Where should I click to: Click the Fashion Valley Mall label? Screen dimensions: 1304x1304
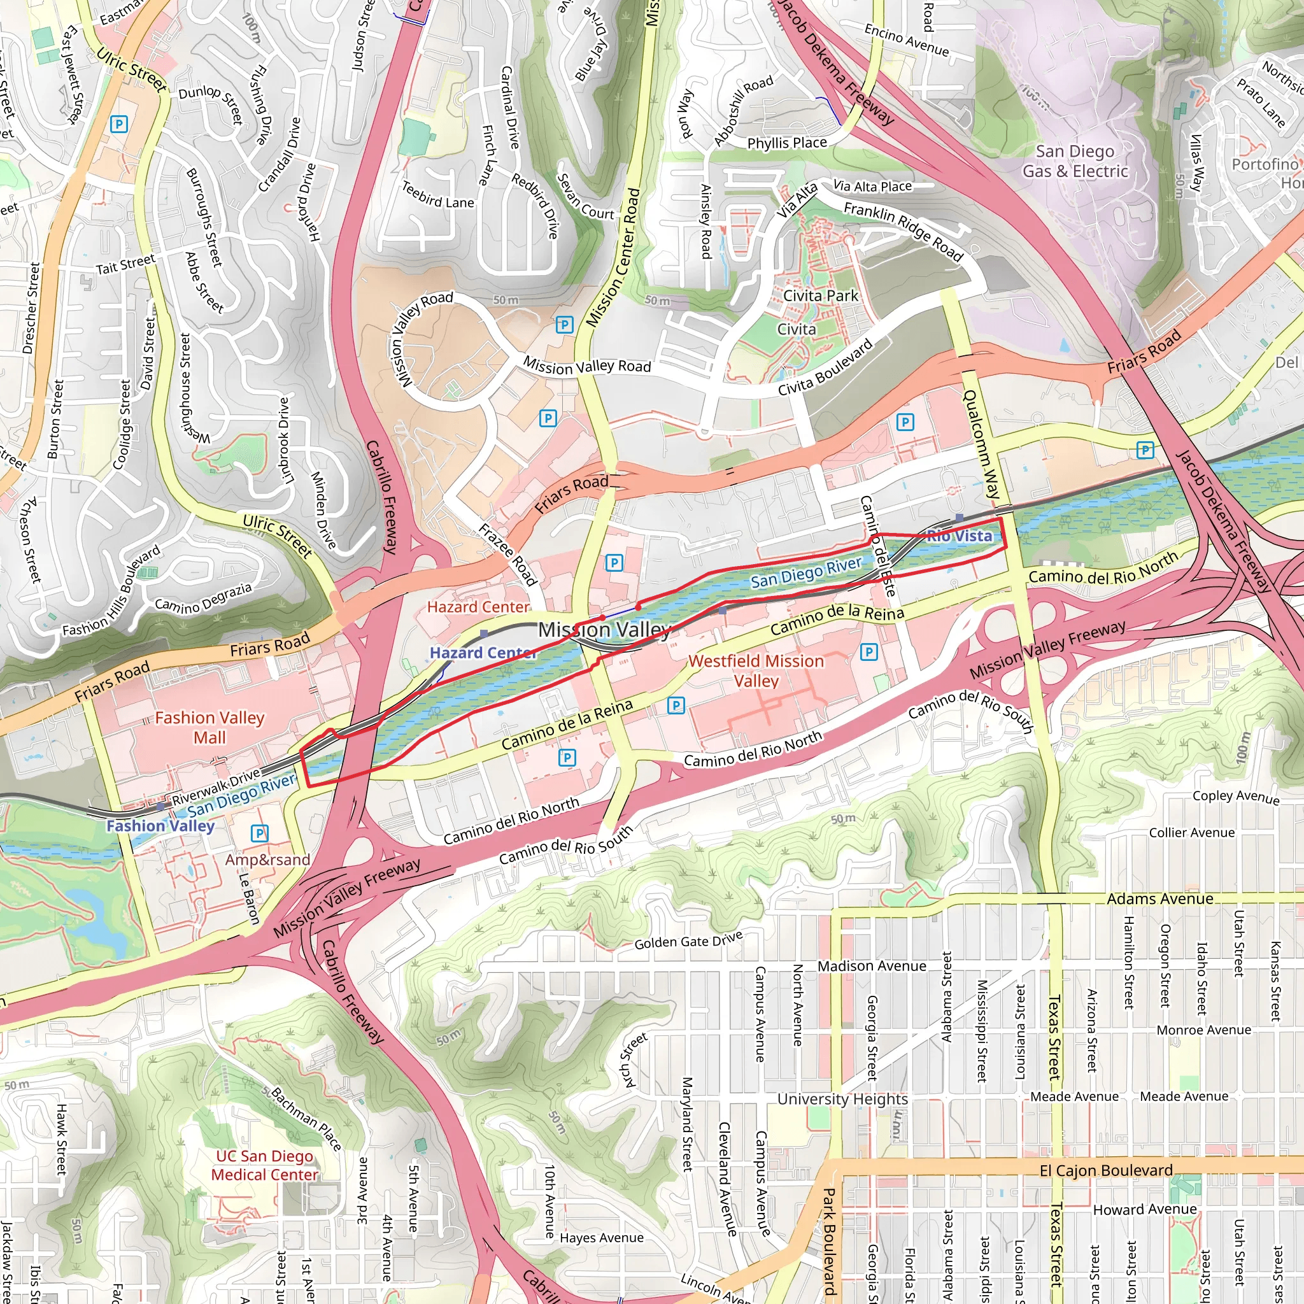[209, 727]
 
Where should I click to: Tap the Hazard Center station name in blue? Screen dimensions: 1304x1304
[483, 653]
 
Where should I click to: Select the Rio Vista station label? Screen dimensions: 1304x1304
[959, 536]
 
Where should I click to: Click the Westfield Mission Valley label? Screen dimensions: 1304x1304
[756, 670]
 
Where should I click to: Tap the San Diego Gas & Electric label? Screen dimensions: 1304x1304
[1075, 161]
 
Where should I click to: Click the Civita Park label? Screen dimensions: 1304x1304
[820, 295]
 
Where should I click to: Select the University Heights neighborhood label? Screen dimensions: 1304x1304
[842, 1099]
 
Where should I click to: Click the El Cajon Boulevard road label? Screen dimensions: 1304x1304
[1105, 1170]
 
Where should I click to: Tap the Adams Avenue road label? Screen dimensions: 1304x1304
[1159, 899]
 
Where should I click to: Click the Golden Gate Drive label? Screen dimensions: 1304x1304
[688, 940]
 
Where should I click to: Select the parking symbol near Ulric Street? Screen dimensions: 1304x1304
[119, 124]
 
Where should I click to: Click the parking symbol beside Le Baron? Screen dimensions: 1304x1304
[259, 833]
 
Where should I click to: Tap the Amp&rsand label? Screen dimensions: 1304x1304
[267, 860]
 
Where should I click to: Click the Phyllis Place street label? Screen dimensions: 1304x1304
[786, 143]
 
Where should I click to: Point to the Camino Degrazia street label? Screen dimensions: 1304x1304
[203, 597]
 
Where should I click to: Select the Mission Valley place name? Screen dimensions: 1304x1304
[604, 630]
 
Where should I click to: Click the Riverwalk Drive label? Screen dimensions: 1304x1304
[216, 787]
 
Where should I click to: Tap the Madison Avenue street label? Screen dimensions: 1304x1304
[872, 967]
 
